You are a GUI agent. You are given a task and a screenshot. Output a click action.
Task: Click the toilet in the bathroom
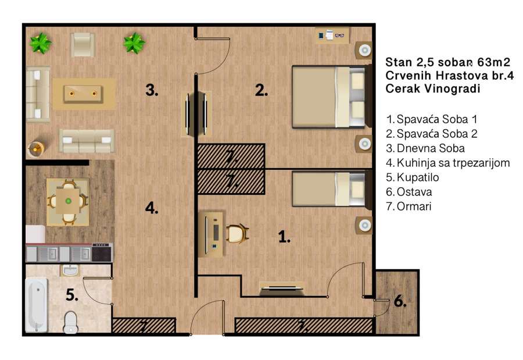tap(70, 322)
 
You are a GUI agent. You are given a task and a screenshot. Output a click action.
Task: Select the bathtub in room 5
tap(37, 305)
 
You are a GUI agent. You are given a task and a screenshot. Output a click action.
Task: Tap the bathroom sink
tap(70, 270)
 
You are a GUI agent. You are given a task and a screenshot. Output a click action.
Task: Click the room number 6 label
tap(400, 301)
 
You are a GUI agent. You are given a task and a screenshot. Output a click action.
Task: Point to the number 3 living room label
tap(152, 90)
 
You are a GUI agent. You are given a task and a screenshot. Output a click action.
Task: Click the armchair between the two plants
tap(82, 44)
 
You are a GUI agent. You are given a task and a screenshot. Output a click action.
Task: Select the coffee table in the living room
tap(83, 94)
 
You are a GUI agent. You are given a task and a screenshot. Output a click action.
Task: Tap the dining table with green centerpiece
tap(68, 201)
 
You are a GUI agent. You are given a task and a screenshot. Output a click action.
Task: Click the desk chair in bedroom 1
tap(238, 233)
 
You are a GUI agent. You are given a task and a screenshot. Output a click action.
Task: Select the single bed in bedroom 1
tap(332, 189)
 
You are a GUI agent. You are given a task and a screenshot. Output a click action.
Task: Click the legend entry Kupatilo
tap(412, 177)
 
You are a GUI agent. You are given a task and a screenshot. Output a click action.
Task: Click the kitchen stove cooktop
tap(102, 253)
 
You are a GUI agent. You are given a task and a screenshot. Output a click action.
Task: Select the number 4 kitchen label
tap(152, 208)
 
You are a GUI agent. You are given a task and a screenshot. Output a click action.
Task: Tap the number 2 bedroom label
tap(261, 90)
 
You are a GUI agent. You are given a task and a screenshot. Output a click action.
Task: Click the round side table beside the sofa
tap(37, 149)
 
